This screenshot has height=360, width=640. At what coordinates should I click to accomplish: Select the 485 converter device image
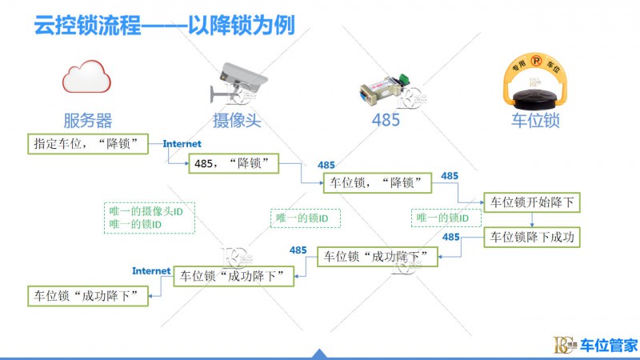pos(385,88)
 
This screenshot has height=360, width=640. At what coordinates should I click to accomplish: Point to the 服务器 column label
pos(88,121)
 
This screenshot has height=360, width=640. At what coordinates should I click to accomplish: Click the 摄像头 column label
pos(238,121)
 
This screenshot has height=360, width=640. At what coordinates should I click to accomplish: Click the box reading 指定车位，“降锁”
pos(89,144)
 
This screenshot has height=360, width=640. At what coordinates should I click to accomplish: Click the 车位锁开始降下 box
pos(531,202)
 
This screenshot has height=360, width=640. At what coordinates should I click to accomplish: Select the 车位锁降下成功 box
pos(531,238)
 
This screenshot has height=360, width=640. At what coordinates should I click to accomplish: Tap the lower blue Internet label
pos(151,270)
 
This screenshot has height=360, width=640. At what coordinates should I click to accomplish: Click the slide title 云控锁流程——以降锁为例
pos(163,26)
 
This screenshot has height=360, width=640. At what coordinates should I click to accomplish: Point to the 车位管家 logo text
pos(609,346)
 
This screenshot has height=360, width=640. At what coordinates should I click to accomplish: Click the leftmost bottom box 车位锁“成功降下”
pos(88,295)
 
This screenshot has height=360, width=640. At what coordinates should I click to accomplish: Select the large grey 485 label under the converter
pos(386,121)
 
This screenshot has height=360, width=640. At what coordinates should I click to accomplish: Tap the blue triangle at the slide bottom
pos(319,354)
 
